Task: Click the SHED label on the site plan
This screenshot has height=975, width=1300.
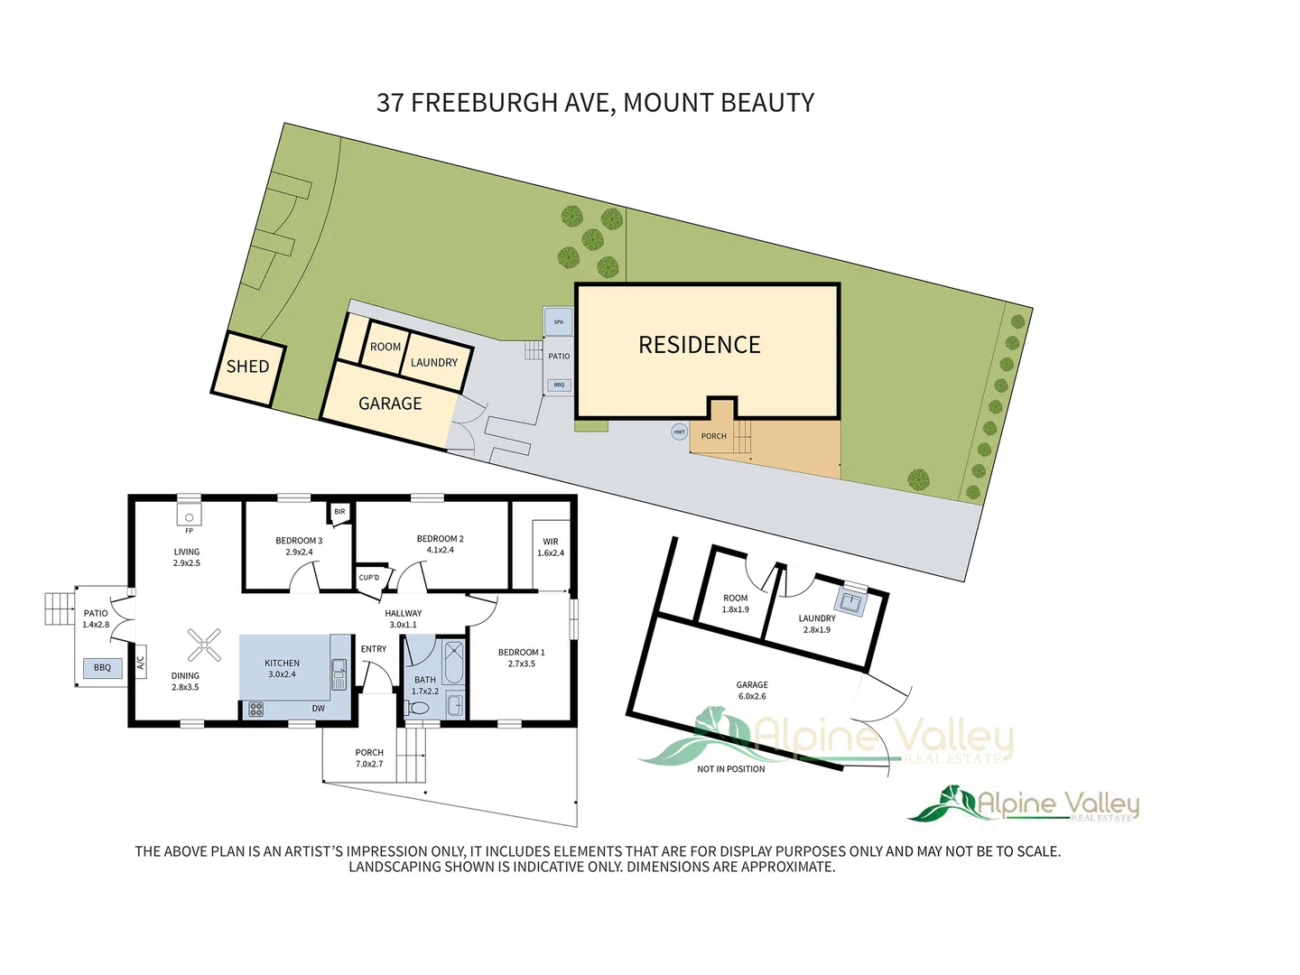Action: click(247, 367)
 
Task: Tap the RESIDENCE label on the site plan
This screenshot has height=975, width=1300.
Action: click(699, 345)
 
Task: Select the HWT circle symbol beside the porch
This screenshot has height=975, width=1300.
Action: click(679, 432)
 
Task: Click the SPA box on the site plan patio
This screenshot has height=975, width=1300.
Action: click(558, 321)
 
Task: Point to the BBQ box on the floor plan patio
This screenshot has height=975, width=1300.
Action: click(102, 668)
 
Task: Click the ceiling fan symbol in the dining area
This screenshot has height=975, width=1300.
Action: click(204, 645)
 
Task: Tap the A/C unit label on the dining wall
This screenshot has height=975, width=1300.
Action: click(141, 662)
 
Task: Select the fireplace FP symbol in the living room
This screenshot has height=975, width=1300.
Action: click(190, 517)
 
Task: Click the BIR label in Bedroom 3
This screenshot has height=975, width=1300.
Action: click(339, 512)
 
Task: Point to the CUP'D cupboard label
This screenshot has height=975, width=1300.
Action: click(369, 578)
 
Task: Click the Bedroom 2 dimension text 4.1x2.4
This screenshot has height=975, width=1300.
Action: click(441, 550)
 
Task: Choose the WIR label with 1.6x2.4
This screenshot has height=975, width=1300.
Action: click(551, 547)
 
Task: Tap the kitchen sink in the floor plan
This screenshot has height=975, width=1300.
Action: click(339, 673)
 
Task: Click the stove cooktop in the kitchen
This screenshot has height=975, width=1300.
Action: click(255, 710)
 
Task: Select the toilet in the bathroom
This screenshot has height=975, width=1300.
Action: click(418, 708)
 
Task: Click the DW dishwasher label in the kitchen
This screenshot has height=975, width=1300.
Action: click(319, 709)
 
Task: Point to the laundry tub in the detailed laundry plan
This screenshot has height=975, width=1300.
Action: click(850, 600)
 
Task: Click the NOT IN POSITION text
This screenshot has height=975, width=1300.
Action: click(730, 769)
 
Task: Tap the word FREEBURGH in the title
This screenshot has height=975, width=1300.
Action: click(484, 103)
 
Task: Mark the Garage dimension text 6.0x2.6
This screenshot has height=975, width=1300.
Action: click(752, 696)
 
